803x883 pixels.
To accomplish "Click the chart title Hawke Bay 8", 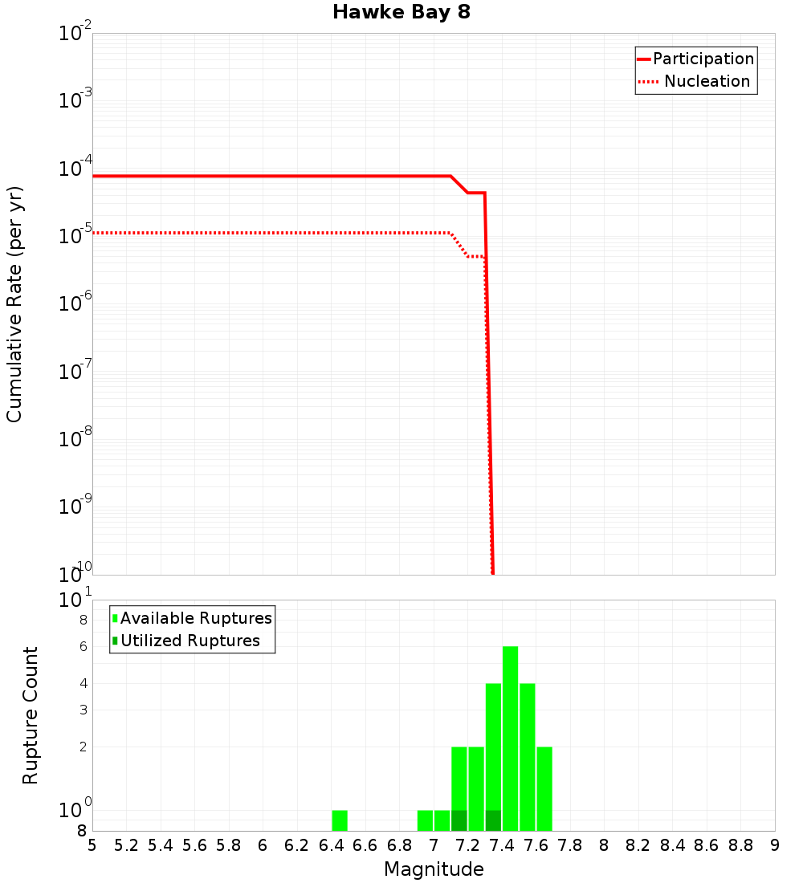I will click(401, 12).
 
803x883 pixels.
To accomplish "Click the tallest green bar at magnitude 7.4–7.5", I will click(510, 739).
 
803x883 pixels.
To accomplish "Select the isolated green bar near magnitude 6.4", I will click(340, 820).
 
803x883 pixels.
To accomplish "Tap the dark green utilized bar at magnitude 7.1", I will click(459, 820).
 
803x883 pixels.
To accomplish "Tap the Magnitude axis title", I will click(434, 869).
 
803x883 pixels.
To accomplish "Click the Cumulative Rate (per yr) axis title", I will click(14, 304).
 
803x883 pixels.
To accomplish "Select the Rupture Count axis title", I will click(31, 715).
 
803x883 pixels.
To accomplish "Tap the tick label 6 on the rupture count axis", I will click(82, 646).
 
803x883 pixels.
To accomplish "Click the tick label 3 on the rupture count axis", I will click(82, 710).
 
